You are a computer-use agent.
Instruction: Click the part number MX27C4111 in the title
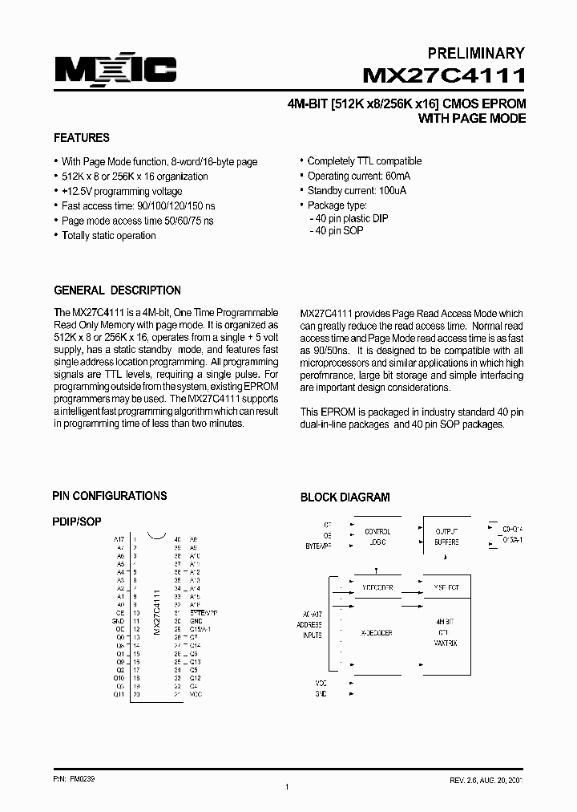tap(444, 76)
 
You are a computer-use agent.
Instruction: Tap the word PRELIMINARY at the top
tap(475, 53)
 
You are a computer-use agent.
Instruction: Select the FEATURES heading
tap(82, 138)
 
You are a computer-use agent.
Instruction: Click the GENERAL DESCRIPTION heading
tap(117, 290)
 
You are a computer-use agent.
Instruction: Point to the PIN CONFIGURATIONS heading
tap(110, 496)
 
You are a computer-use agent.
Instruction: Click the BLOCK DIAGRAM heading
tap(345, 497)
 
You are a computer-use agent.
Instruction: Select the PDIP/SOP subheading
tap(77, 522)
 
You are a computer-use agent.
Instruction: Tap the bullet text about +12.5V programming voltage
tap(122, 191)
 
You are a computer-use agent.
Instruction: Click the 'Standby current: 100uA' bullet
tap(357, 191)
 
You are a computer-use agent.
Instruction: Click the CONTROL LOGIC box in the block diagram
tap(377, 537)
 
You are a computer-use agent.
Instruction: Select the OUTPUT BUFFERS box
tap(446, 537)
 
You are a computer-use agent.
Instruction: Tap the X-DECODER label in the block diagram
tap(377, 633)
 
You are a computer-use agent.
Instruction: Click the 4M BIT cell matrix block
tap(446, 632)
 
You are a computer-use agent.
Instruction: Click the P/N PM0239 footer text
tap(71, 779)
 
